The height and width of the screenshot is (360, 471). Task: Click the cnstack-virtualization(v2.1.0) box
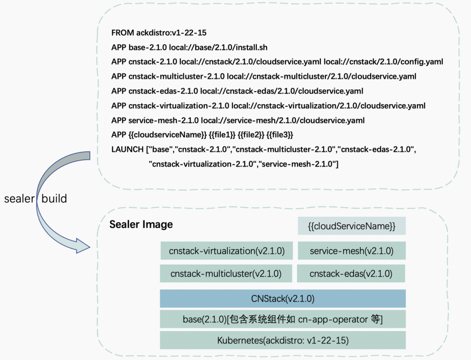pyautogui.click(x=226, y=251)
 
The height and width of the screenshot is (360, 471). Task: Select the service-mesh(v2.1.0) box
pyautogui.click(x=352, y=251)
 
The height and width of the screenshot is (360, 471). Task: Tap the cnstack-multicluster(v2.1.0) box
pyautogui.click(x=225, y=274)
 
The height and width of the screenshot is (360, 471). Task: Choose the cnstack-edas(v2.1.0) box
pyautogui.click(x=351, y=274)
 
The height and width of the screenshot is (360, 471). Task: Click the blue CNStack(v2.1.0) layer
pyautogui.click(x=283, y=299)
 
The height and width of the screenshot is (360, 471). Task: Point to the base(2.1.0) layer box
pyautogui.click(x=283, y=319)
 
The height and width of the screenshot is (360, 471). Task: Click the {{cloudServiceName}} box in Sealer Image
pyautogui.click(x=352, y=226)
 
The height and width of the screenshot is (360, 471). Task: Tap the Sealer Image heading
pyautogui.click(x=141, y=224)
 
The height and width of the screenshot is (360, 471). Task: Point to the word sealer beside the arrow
pyautogui.click(x=19, y=199)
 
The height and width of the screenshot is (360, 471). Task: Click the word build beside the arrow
pyautogui.click(x=54, y=199)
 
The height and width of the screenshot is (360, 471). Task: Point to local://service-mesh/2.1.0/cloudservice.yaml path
pyautogui.click(x=283, y=120)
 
